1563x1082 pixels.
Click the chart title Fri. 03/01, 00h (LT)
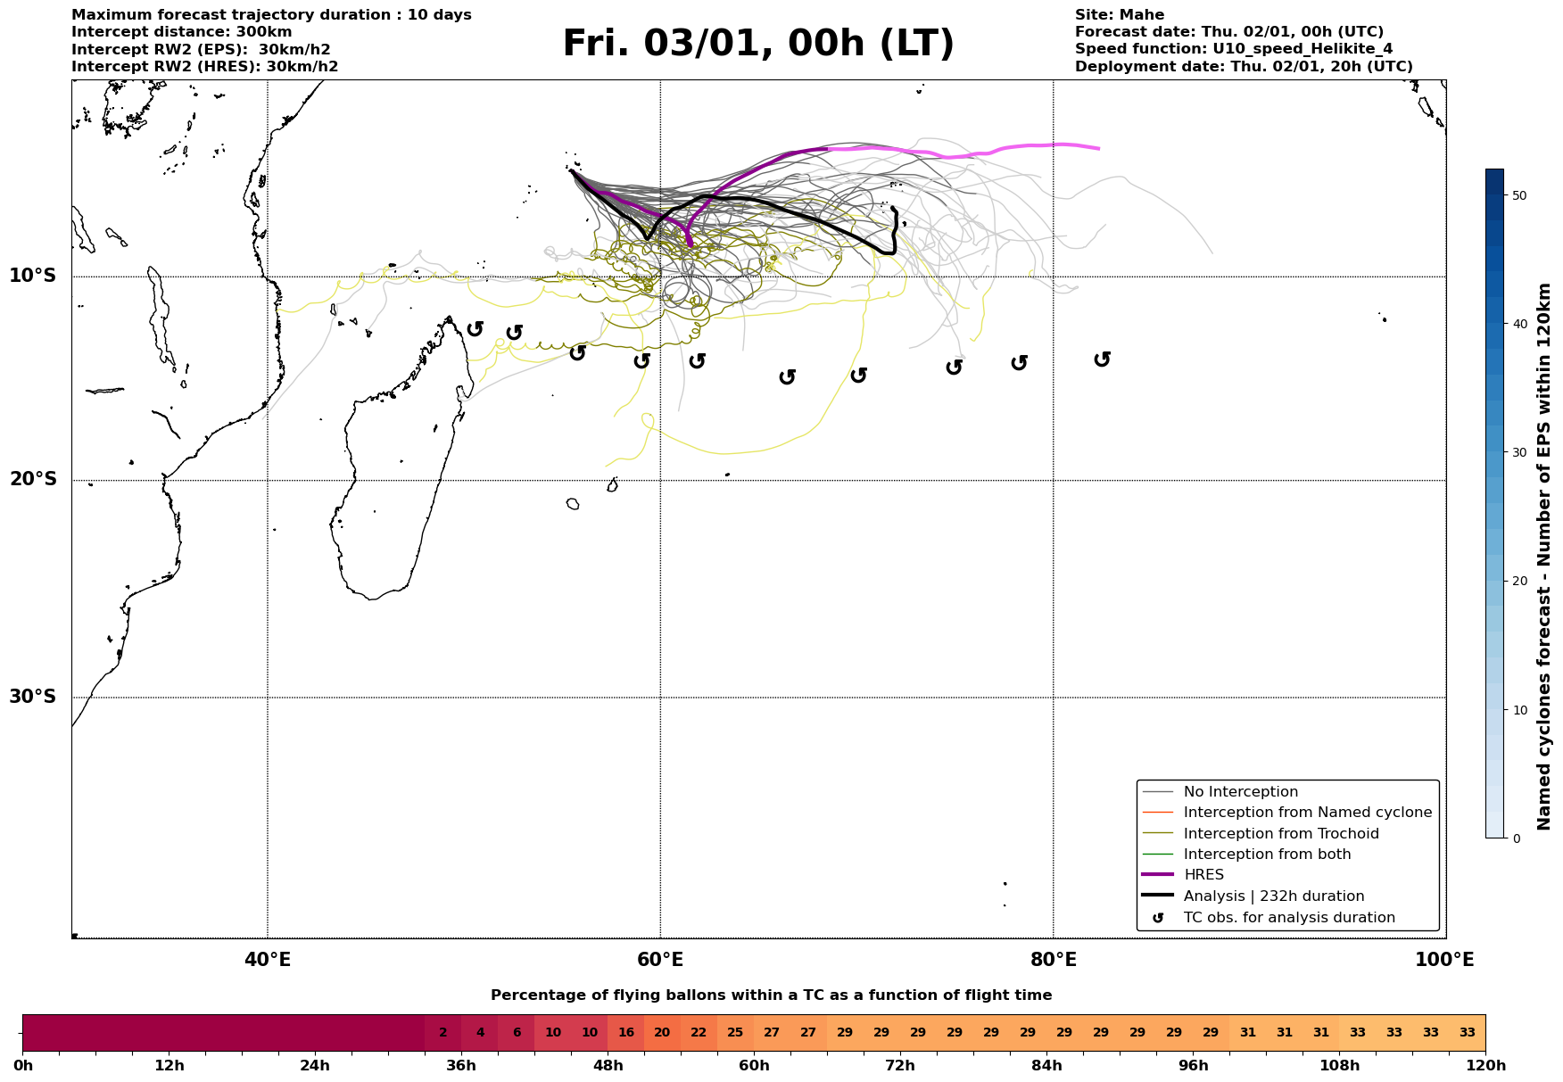tap(758, 44)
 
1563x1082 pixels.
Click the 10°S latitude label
tap(33, 276)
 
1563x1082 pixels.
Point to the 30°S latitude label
tap(33, 697)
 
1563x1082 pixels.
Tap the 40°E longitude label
tap(268, 961)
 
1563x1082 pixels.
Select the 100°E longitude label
tap(1445, 961)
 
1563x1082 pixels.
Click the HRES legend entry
tap(1203, 875)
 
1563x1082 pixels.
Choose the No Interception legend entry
tap(1240, 792)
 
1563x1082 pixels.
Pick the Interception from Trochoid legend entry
tap(1281, 834)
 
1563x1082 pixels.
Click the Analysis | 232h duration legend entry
tap(1274, 896)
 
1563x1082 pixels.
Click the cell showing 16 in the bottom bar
tap(625, 1033)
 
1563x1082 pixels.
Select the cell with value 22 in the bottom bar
tap(699, 1033)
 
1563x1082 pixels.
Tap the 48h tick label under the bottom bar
tap(608, 1066)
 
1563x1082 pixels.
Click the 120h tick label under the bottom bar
tap(1485, 1066)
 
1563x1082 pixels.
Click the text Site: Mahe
tap(1119, 15)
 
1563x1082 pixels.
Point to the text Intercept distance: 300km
tap(181, 32)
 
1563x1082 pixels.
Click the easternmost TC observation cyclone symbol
tap(1103, 359)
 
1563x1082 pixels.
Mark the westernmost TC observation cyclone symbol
tap(476, 328)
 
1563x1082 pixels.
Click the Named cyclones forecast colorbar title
tap(1545, 557)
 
